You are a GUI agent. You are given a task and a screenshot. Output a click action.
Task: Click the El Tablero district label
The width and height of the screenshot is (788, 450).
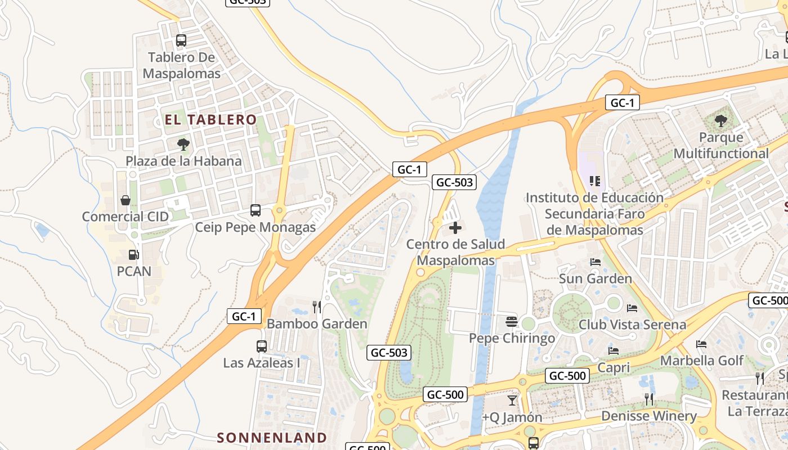click(x=211, y=119)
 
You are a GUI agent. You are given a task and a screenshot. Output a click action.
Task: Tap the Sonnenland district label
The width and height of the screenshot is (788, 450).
click(x=272, y=437)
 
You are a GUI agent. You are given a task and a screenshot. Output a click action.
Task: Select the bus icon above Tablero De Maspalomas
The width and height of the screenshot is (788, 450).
click(x=181, y=40)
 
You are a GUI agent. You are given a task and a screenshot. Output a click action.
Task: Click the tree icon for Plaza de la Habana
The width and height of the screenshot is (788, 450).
click(x=183, y=145)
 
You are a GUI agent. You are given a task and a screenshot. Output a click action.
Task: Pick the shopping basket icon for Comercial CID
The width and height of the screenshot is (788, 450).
click(x=126, y=200)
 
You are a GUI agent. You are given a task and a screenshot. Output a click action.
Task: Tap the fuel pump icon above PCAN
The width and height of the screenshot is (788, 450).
click(x=134, y=255)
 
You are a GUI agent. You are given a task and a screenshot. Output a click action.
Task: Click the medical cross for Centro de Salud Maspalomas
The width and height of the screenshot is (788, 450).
click(x=455, y=228)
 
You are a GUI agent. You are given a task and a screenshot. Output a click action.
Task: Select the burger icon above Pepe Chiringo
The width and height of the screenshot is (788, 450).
click(x=512, y=322)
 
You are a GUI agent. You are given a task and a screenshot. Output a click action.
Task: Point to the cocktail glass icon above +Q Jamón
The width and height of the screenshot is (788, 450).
click(x=512, y=400)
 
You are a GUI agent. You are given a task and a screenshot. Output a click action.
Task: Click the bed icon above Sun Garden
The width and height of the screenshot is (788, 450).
click(x=595, y=262)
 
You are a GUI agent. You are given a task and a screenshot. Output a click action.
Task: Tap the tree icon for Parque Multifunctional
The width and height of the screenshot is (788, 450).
click(x=720, y=120)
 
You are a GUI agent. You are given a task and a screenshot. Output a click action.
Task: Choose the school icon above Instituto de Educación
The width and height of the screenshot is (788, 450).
click(x=594, y=181)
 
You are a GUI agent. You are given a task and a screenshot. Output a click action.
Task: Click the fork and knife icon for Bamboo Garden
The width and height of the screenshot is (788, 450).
click(x=317, y=307)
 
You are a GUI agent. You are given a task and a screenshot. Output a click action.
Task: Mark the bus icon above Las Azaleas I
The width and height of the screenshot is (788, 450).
click(x=261, y=346)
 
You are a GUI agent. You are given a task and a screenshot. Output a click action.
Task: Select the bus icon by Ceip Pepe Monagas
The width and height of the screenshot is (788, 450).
click(x=256, y=210)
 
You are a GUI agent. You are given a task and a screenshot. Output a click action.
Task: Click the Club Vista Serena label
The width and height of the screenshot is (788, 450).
click(x=632, y=325)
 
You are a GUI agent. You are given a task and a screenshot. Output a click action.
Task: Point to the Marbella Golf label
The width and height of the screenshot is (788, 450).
click(x=701, y=360)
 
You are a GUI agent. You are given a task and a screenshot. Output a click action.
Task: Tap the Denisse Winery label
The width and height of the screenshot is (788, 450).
click(x=649, y=416)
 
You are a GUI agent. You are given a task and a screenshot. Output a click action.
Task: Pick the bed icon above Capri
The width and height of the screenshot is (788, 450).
click(x=614, y=351)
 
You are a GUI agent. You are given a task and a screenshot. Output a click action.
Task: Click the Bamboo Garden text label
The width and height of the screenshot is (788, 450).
click(x=317, y=324)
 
